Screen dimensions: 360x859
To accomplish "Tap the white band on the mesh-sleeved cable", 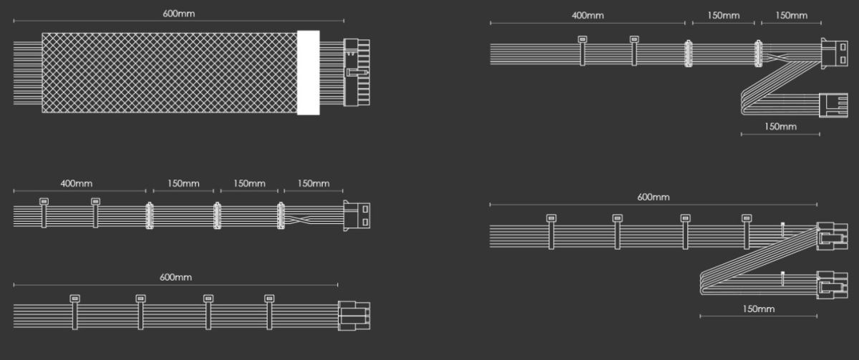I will coord(309,72).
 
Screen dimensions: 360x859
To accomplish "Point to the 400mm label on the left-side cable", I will coord(77,184).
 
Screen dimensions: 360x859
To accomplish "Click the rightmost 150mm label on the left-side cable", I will coord(314,184).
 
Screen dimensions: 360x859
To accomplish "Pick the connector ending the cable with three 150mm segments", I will coord(358,215).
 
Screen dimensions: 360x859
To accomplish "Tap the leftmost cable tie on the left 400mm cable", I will coord(44,213).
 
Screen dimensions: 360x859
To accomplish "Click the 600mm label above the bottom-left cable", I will coord(175,277).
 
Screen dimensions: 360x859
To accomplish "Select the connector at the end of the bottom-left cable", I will coord(354,315).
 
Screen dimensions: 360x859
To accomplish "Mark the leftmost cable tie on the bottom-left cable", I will coord(74,312).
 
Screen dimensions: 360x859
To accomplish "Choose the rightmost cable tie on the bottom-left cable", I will coord(269,312).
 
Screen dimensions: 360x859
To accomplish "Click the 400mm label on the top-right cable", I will coord(588,16).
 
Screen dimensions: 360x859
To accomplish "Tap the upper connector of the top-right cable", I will coord(835,54).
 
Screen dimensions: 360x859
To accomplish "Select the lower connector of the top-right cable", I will coord(835,104).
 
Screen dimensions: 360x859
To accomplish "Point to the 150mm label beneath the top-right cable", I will coord(780,127).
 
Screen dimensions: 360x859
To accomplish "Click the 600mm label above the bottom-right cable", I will coord(653,197).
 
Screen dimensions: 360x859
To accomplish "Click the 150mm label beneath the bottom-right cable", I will coord(758,309).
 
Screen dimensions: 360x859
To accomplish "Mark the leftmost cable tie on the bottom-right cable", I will coord(550,231).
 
